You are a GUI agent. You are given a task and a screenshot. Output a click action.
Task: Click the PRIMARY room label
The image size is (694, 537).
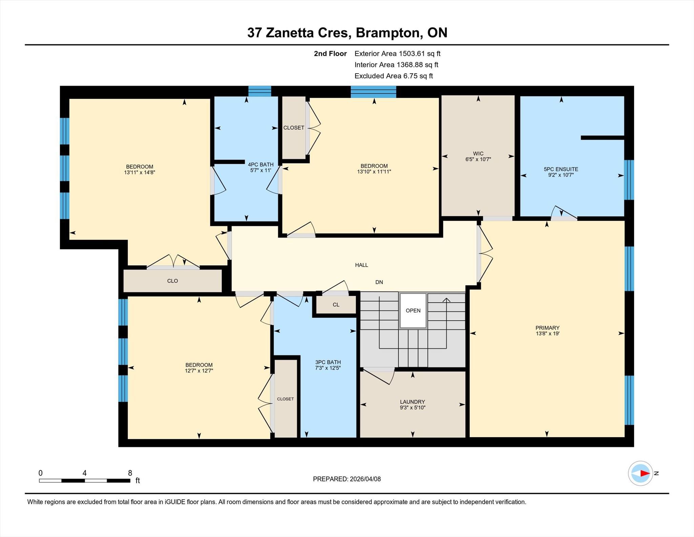[547, 328]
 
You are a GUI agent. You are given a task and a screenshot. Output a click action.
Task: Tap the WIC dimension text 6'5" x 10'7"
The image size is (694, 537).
[478, 159]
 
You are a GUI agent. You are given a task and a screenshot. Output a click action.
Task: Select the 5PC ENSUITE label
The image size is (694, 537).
[561, 169]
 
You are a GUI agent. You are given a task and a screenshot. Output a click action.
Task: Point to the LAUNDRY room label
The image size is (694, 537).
[412, 402]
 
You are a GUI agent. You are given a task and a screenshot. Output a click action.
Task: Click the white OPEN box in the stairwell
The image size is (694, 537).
[413, 310]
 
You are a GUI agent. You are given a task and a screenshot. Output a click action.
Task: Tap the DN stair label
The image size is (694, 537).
[379, 282]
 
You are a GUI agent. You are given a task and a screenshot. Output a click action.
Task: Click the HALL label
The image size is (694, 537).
[362, 265]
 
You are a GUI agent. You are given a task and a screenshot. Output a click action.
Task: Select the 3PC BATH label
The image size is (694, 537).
[328, 362]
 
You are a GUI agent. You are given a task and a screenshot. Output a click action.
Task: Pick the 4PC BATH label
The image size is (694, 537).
[261, 165]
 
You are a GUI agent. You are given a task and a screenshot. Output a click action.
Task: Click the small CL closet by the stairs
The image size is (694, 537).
[336, 305]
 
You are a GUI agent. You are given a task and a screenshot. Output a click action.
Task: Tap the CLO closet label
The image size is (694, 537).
[172, 281]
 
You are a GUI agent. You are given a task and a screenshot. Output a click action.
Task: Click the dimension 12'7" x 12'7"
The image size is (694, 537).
[199, 371]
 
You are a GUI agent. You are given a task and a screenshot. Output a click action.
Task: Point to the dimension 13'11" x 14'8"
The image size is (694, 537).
[140, 172]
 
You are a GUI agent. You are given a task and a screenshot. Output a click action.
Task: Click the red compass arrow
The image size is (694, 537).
[645, 473]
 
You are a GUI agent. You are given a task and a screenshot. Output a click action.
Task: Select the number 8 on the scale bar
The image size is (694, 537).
[130, 473]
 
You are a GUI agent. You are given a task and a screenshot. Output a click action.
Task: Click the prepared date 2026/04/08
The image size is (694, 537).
[365, 479]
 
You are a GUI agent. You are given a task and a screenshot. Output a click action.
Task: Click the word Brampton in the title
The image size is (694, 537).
[388, 33]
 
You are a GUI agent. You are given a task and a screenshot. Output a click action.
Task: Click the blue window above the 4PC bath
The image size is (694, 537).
[260, 91]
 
